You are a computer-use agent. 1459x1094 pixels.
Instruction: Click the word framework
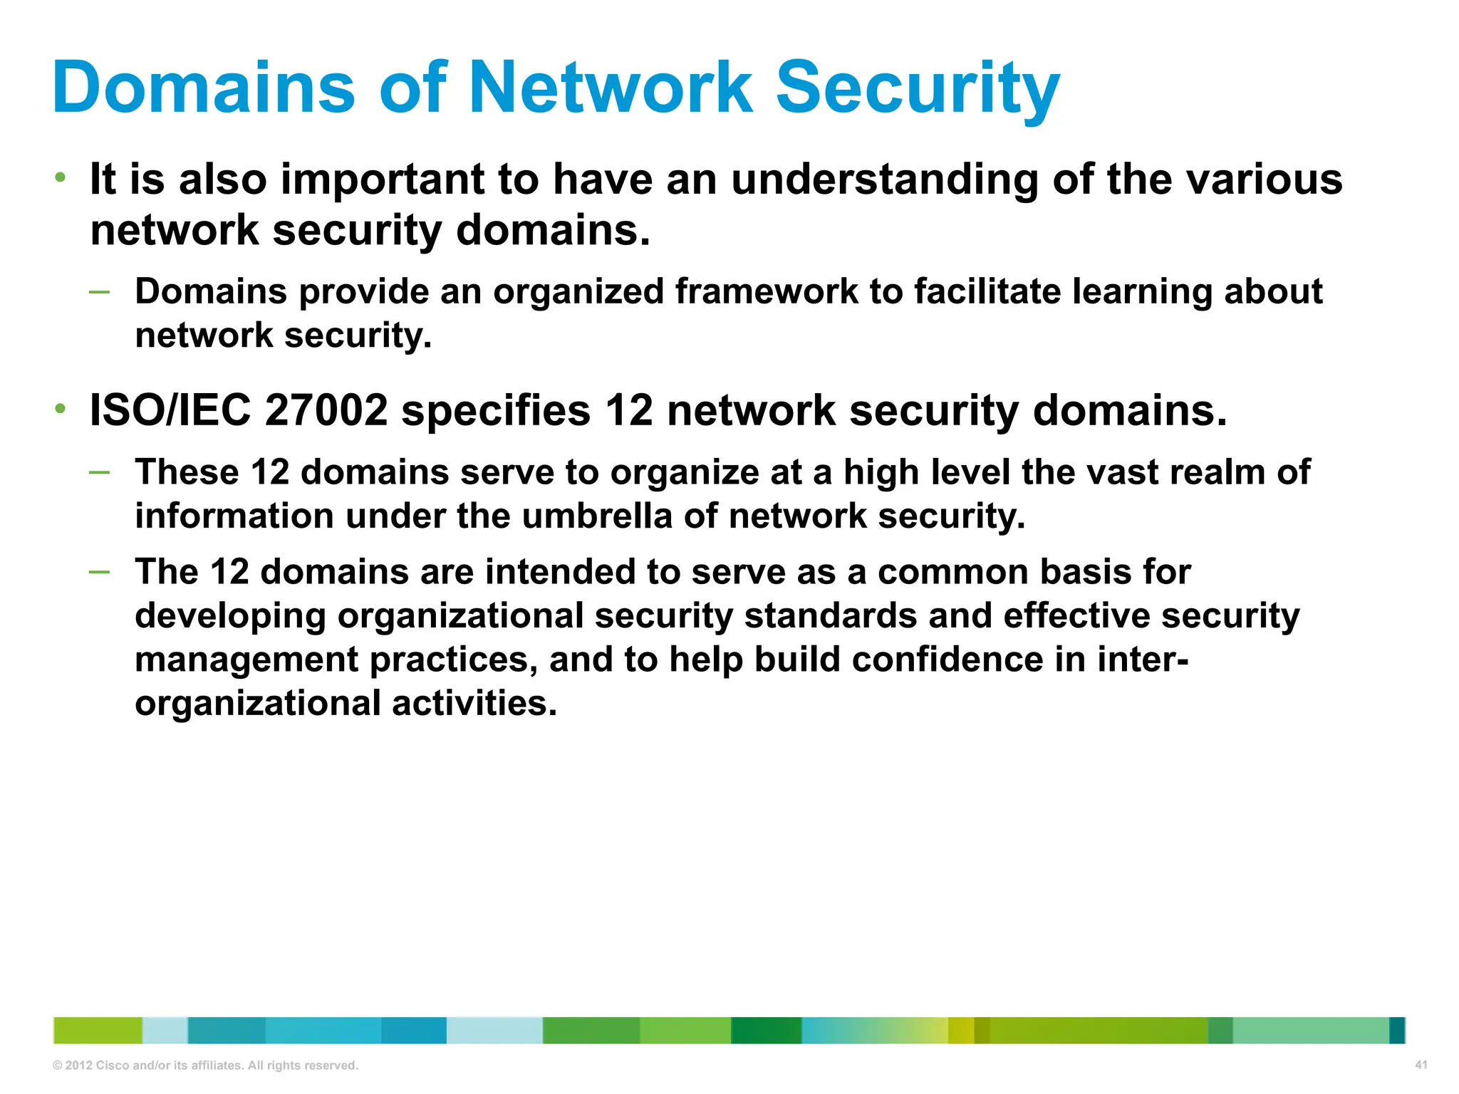(x=766, y=292)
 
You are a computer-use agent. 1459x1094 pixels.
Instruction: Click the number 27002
(x=326, y=411)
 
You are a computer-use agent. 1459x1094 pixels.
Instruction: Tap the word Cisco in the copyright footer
(x=112, y=1066)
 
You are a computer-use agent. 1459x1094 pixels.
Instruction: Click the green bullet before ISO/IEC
(x=61, y=409)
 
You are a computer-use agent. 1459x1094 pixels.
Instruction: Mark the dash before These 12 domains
(x=100, y=472)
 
